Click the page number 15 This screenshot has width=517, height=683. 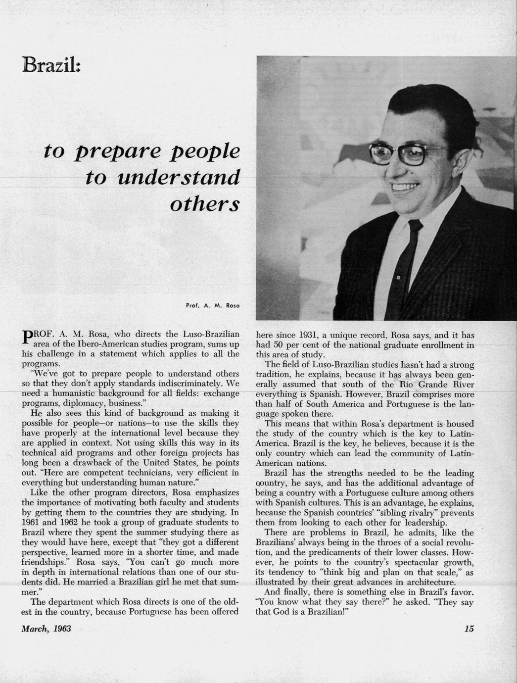point(469,629)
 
